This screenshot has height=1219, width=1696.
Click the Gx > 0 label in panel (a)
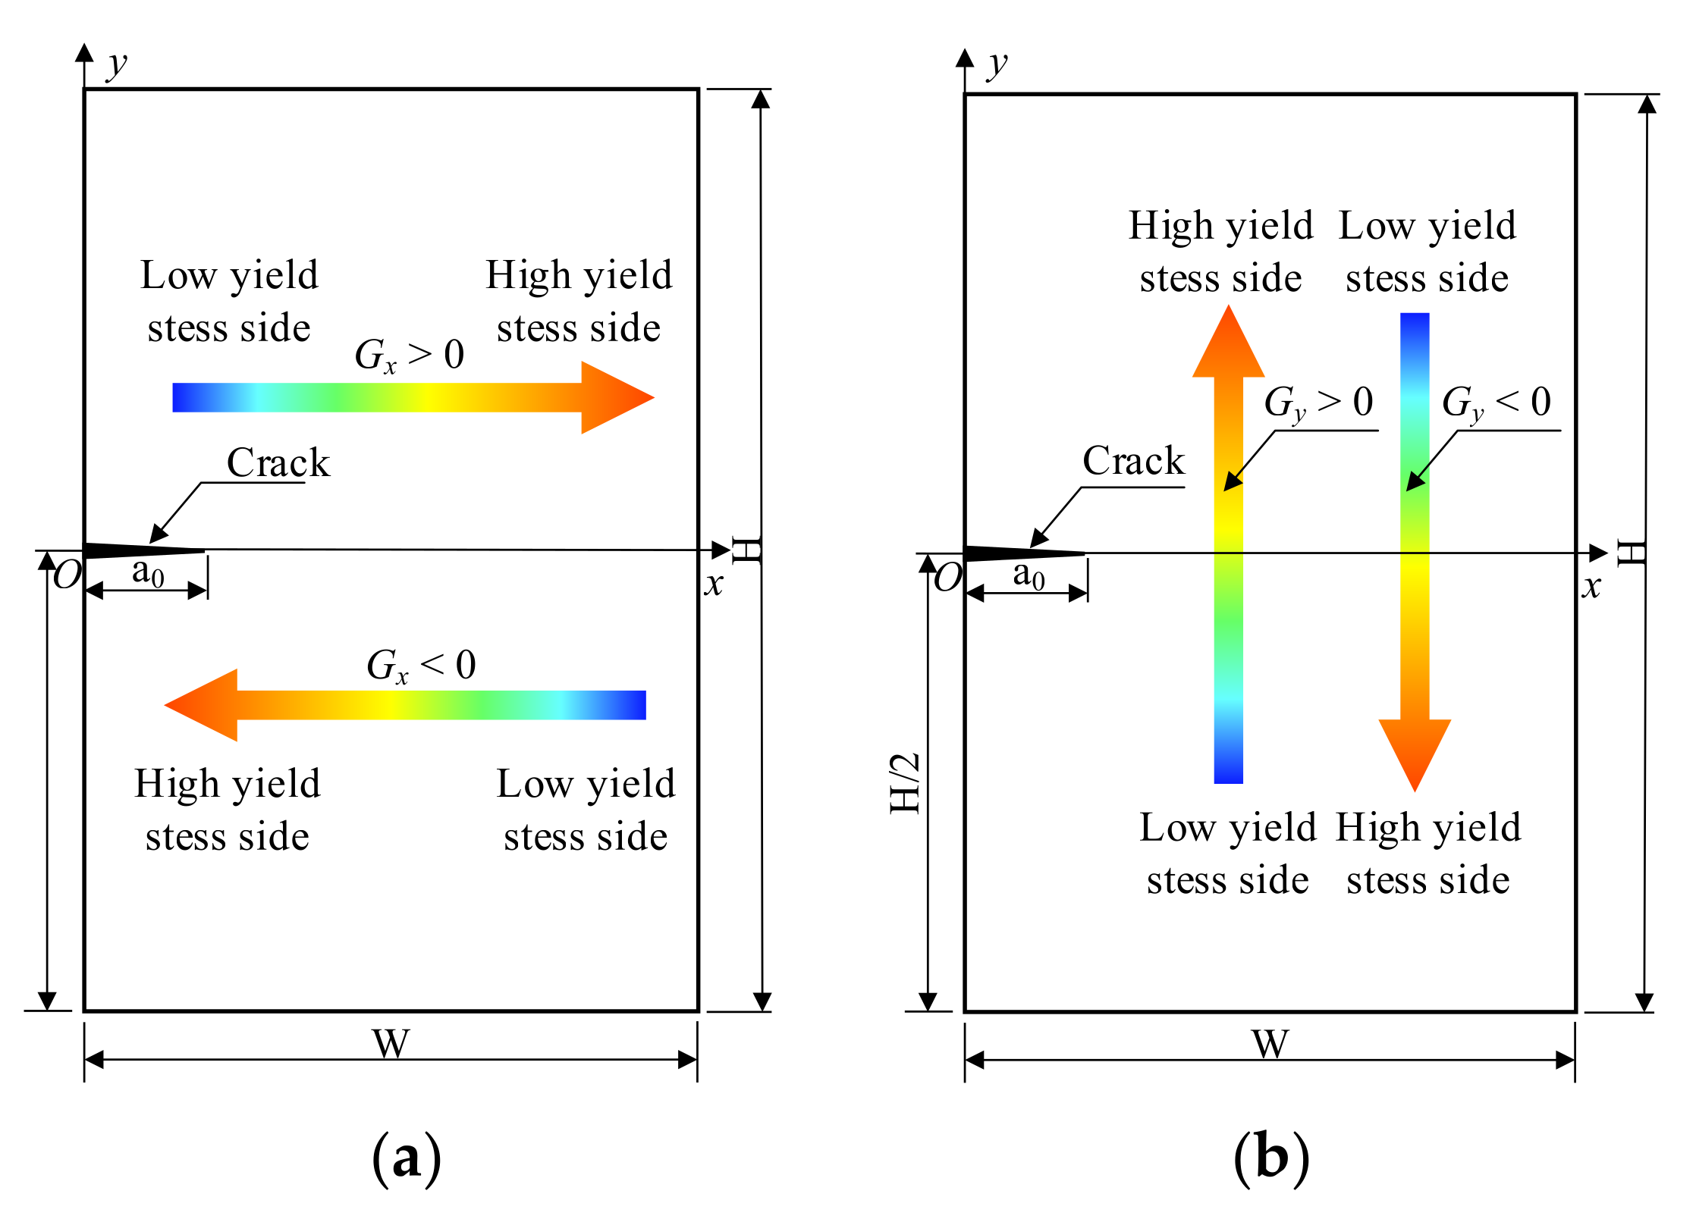(x=410, y=355)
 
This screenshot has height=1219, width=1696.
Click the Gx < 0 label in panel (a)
(x=422, y=666)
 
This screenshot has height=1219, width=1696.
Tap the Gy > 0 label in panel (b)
(x=1319, y=403)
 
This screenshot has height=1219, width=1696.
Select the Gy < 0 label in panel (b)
(x=1497, y=403)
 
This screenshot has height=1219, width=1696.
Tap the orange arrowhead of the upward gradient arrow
(x=1229, y=345)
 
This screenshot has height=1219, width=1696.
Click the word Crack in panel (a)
(x=278, y=463)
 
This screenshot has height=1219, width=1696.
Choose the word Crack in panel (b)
(x=1133, y=461)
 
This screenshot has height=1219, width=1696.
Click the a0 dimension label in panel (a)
(x=148, y=572)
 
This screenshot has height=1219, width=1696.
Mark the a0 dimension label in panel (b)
(x=1029, y=575)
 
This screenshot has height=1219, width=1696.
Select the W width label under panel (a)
(x=391, y=1044)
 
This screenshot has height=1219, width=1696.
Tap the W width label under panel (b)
(x=1270, y=1044)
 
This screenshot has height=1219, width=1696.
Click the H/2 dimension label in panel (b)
(x=905, y=783)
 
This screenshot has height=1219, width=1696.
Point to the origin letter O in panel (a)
(x=67, y=576)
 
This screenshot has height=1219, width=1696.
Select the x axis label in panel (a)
(x=714, y=584)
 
